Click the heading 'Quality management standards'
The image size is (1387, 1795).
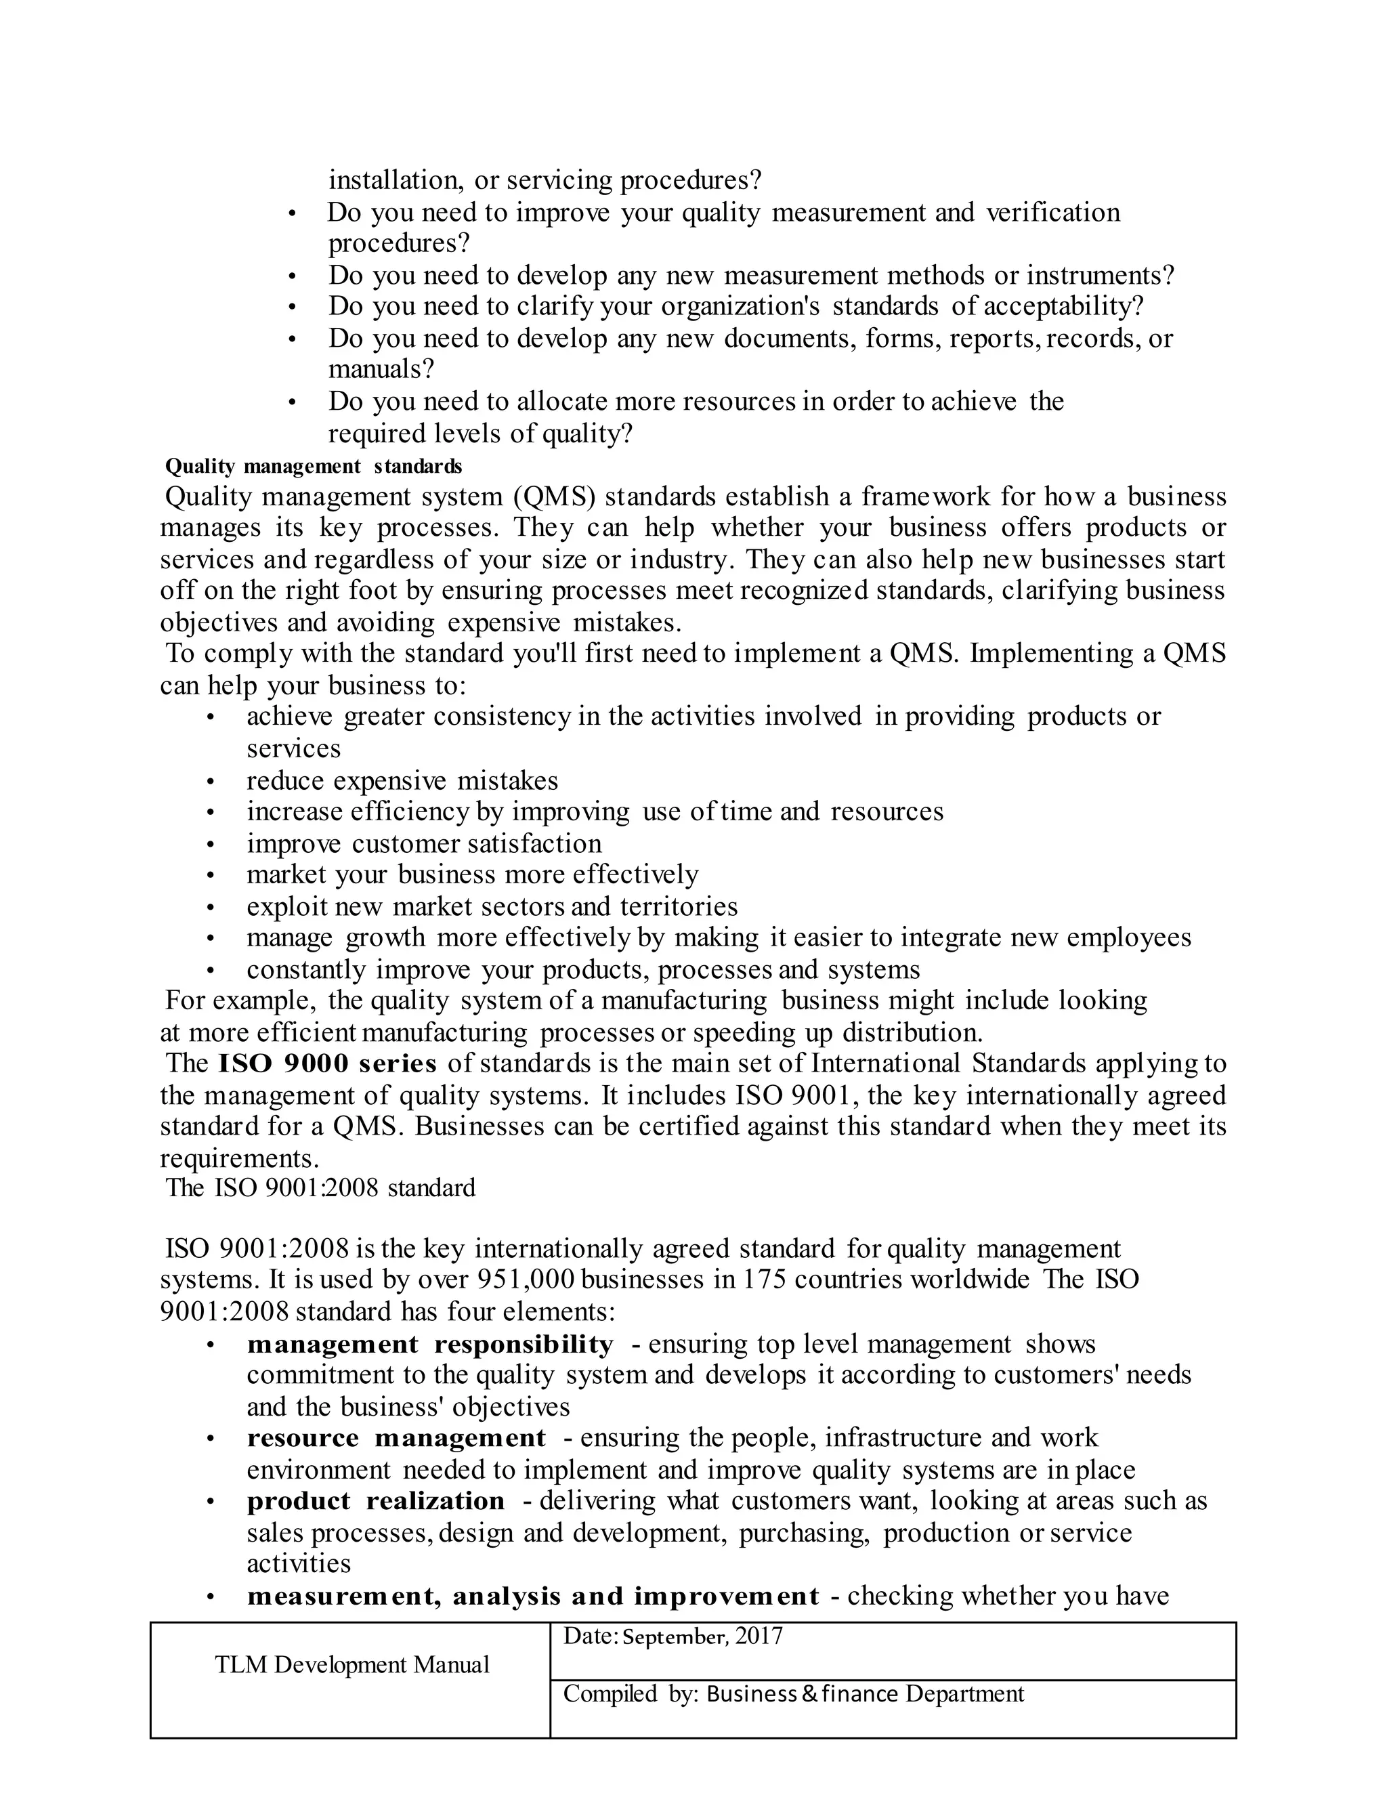(313, 466)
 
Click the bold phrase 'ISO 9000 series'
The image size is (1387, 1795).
(327, 1063)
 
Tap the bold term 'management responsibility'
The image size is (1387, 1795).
(430, 1344)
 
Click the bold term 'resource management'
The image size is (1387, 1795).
(396, 1437)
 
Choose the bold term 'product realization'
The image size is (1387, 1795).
(375, 1501)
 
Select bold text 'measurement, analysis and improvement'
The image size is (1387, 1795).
(532, 1596)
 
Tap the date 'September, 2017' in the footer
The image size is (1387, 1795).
(702, 1636)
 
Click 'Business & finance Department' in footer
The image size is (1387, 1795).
(864, 1694)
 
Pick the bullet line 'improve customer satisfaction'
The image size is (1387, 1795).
(424, 843)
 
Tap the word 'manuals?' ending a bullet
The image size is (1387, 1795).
(381, 369)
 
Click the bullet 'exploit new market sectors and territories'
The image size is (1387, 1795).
(492, 906)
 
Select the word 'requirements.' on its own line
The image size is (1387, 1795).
(239, 1158)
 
